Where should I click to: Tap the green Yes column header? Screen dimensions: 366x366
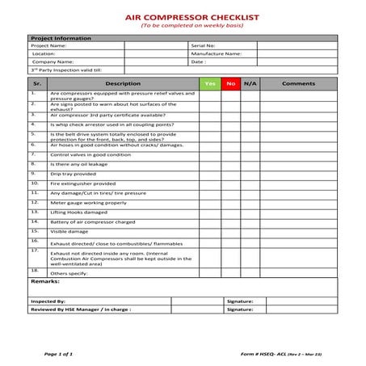(x=209, y=83)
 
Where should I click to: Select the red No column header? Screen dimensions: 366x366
(x=230, y=83)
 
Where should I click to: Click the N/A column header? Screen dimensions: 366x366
(x=250, y=83)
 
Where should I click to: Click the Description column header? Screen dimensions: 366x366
(x=123, y=83)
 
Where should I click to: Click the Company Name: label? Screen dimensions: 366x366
(x=53, y=61)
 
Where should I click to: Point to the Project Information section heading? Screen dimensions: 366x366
(x=61, y=38)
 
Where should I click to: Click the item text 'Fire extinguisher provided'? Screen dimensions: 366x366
(x=83, y=183)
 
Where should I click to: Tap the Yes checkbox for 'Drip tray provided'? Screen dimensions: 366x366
(x=209, y=174)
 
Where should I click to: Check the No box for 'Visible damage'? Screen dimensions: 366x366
(x=230, y=230)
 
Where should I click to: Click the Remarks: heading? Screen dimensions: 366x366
(x=45, y=281)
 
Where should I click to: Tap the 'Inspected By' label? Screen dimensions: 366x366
(x=47, y=301)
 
